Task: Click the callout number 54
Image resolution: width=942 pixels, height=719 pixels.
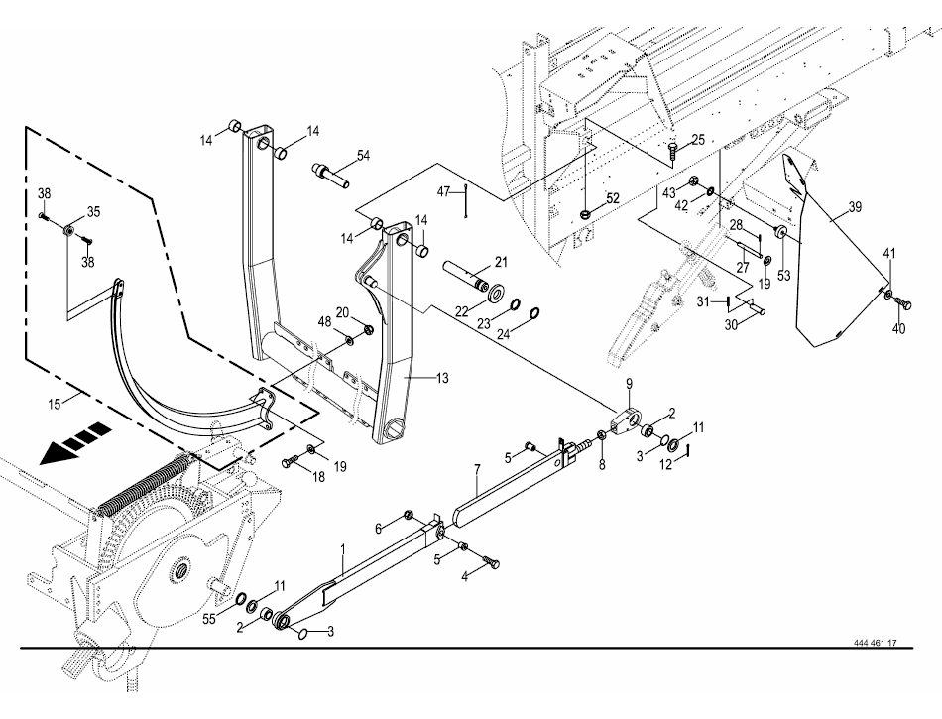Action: (x=363, y=157)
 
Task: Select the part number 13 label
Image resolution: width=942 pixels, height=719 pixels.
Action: (x=441, y=378)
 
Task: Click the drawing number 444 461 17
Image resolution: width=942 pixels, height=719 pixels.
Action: (x=875, y=643)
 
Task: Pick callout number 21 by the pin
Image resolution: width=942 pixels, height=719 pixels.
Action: (x=500, y=262)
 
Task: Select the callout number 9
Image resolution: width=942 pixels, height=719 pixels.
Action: (x=629, y=383)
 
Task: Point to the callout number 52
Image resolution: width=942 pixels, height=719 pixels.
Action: (x=613, y=198)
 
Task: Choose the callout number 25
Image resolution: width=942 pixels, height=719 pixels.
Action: (x=698, y=141)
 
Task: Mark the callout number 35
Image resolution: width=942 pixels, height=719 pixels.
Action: (x=94, y=211)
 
